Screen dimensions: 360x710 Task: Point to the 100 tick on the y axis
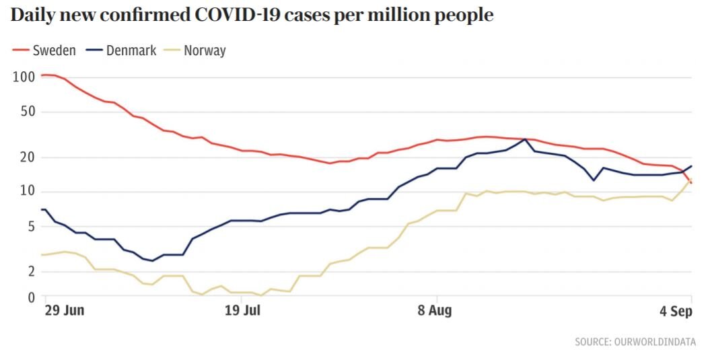(23, 77)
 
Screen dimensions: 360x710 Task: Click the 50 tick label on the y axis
(26, 111)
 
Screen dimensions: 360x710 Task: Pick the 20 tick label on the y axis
(26, 157)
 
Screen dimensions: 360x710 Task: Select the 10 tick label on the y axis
(26, 191)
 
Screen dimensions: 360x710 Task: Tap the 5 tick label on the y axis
(30, 226)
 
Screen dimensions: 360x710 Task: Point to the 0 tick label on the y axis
(30, 297)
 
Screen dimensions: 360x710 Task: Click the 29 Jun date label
(64, 311)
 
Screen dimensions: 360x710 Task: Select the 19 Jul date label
(242, 311)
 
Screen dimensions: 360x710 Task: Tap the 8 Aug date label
(434, 311)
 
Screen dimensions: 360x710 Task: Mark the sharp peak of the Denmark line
(525, 139)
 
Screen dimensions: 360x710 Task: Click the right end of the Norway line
(691, 180)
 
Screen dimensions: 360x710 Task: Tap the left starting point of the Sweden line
(42, 75)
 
